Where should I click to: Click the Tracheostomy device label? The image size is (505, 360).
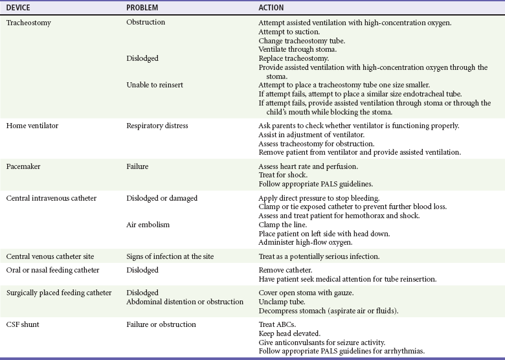point(28,23)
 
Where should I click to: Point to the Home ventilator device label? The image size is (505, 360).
point(32,126)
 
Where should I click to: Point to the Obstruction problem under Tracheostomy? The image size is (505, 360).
point(146,23)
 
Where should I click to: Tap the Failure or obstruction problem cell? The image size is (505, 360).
point(161,324)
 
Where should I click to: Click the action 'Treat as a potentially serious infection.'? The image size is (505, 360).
point(319,256)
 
